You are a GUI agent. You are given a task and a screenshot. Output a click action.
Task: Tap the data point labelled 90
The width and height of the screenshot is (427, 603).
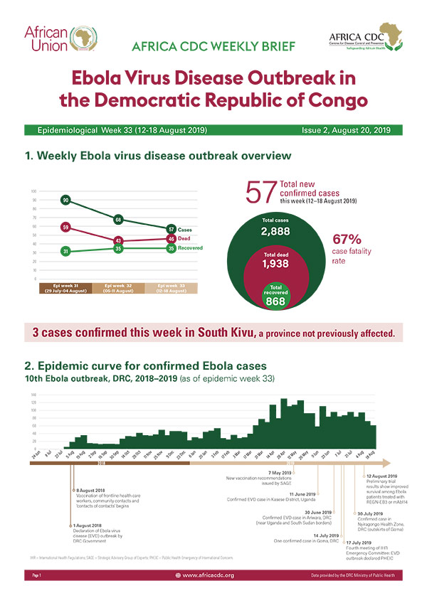click(65, 201)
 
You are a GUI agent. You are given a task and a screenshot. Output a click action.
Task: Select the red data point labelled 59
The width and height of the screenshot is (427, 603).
click(65, 228)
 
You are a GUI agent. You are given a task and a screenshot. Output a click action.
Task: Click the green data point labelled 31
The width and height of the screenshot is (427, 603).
click(65, 251)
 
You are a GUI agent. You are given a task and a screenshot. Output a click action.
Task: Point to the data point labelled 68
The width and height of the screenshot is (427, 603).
click(118, 219)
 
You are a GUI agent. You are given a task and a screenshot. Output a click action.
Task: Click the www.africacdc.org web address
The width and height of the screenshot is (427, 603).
click(209, 574)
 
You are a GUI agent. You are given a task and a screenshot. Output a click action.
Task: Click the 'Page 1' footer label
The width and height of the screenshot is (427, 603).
click(36, 574)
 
